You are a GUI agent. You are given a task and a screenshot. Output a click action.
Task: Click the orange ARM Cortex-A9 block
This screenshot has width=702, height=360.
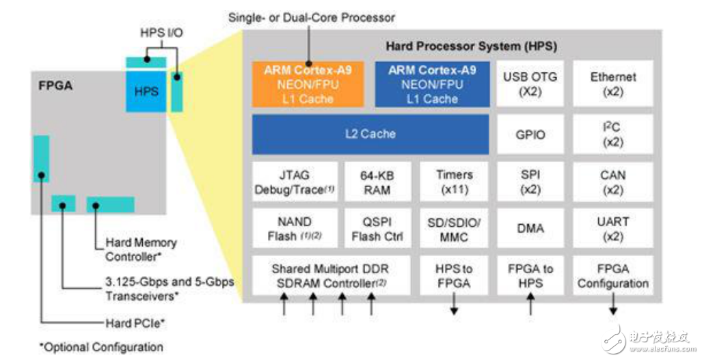click(308, 84)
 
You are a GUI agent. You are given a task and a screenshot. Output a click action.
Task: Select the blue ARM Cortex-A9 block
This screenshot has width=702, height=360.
click(432, 84)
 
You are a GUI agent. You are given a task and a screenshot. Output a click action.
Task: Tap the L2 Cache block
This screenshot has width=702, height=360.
click(370, 134)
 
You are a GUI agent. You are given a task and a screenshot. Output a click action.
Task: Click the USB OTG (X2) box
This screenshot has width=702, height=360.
click(530, 84)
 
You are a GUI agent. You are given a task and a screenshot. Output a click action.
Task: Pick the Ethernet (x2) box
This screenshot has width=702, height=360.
click(613, 84)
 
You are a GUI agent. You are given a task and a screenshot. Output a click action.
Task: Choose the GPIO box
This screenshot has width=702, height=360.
click(530, 134)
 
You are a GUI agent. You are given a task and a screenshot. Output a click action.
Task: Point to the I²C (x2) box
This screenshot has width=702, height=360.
click(613, 134)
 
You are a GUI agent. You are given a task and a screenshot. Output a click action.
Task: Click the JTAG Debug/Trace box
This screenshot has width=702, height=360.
click(295, 182)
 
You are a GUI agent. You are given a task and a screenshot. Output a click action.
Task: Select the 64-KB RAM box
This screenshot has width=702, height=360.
click(377, 182)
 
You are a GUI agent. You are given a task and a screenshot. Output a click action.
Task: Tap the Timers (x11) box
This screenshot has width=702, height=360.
click(454, 182)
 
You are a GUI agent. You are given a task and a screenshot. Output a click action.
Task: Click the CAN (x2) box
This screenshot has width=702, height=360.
click(613, 182)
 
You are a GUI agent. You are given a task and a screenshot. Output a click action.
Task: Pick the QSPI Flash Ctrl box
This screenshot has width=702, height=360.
click(377, 229)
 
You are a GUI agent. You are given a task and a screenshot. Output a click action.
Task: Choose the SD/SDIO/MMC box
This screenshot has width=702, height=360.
click(454, 229)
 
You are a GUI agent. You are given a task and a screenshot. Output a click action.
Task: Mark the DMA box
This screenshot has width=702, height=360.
click(530, 229)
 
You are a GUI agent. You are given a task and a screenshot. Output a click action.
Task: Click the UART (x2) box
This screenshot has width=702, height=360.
click(613, 229)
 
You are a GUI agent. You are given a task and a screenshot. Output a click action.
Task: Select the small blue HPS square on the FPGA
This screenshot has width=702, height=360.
click(146, 92)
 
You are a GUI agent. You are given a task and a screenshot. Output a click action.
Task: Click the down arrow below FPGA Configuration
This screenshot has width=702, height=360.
click(613, 304)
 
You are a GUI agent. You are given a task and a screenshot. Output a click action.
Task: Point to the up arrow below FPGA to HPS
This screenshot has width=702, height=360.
click(530, 304)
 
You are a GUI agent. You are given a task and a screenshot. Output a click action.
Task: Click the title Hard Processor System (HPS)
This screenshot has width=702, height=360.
click(472, 46)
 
